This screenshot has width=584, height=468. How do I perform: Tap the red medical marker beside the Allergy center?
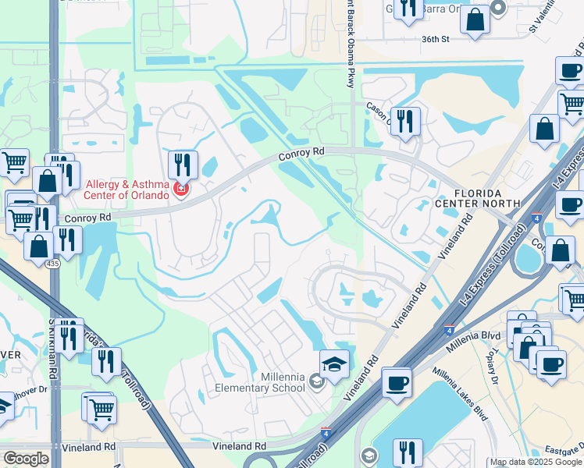pyautogui.click(x=181, y=189)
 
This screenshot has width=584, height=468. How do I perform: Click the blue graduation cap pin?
pyautogui.click(x=334, y=365)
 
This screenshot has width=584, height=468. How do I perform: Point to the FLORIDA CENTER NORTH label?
pyautogui.click(x=488, y=198)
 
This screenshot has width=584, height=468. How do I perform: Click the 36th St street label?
pyautogui.click(x=436, y=38)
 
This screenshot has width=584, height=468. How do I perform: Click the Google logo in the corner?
pyautogui.click(x=26, y=459)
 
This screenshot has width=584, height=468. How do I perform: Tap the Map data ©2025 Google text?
pyautogui.click(x=536, y=463)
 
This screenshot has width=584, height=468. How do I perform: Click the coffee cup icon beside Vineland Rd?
pyautogui.click(x=397, y=382)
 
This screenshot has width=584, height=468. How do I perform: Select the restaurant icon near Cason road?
pyautogui.click(x=404, y=121)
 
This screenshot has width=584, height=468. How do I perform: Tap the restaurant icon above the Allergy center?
pyautogui.click(x=182, y=165)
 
